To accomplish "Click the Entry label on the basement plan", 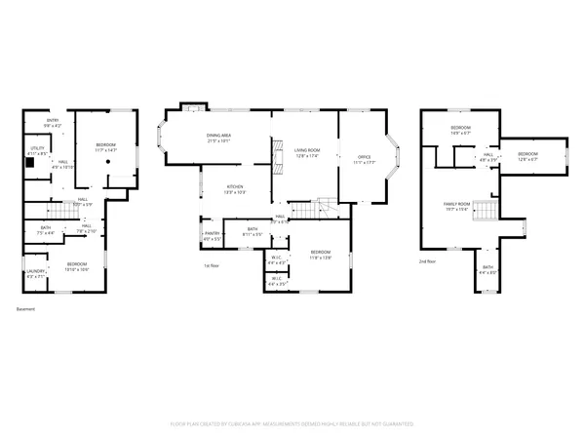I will pyautogui.click(x=52, y=121).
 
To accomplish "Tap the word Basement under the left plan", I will pyautogui.click(x=25, y=309).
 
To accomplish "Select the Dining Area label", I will pyautogui.click(x=217, y=135).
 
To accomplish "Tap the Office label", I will pyautogui.click(x=364, y=156).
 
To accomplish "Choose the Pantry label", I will pyautogui.click(x=212, y=233).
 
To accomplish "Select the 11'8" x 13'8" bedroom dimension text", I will pyautogui.click(x=321, y=258).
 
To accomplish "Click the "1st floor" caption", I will pyautogui.click(x=211, y=264).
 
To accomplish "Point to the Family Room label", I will pyautogui.click(x=457, y=204).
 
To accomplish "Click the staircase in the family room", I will pyautogui.click(x=492, y=210).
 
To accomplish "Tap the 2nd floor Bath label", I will pyautogui.click(x=487, y=266).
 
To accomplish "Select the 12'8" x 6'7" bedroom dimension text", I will pyautogui.click(x=527, y=160).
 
